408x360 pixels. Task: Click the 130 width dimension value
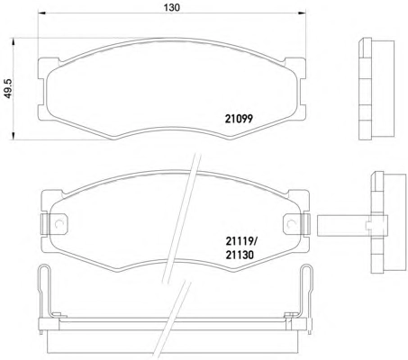[172, 7]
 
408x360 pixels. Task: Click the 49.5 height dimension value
[8, 88]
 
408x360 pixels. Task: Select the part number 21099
[239, 119]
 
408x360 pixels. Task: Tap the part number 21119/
[241, 240]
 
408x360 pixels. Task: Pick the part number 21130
[240, 255]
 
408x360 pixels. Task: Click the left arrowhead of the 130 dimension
[41, 13]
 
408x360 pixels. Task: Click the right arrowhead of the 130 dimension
[302, 13]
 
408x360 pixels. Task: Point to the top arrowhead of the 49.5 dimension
[13, 41]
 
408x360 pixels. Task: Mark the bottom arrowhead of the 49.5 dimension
[13, 136]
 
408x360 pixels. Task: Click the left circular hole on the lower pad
[59, 224]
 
